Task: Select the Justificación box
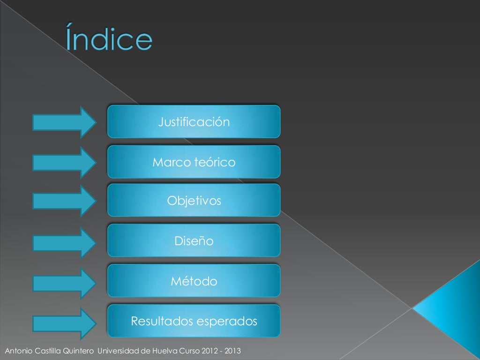click(194, 122)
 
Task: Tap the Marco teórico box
click(194, 162)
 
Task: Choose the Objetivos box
click(194, 201)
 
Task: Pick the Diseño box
click(194, 241)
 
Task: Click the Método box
click(194, 281)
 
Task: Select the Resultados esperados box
click(194, 321)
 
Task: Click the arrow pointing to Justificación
click(65, 122)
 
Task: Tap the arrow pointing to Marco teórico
click(65, 162)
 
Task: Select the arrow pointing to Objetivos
click(65, 201)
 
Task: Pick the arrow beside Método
click(65, 283)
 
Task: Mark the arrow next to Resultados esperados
click(65, 323)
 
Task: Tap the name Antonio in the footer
click(16, 351)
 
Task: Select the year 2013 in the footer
click(233, 351)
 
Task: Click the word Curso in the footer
click(189, 351)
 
